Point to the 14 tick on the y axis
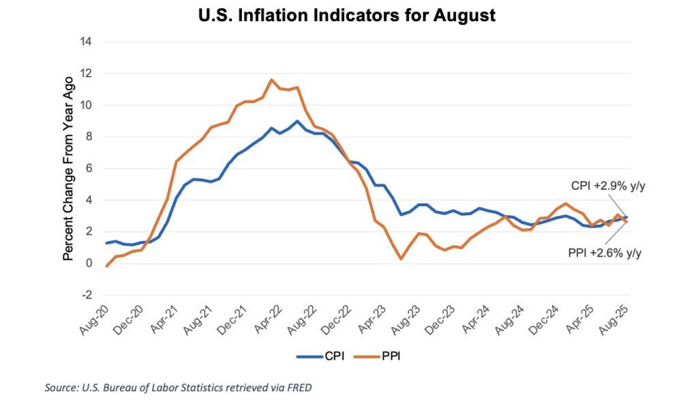click(x=87, y=42)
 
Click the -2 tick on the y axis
click(x=87, y=296)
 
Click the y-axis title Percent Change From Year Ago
click(x=68, y=167)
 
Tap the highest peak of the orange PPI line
click(x=271, y=80)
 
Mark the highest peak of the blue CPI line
click(x=297, y=121)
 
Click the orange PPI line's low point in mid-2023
click(x=401, y=259)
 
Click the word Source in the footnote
click(x=60, y=389)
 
